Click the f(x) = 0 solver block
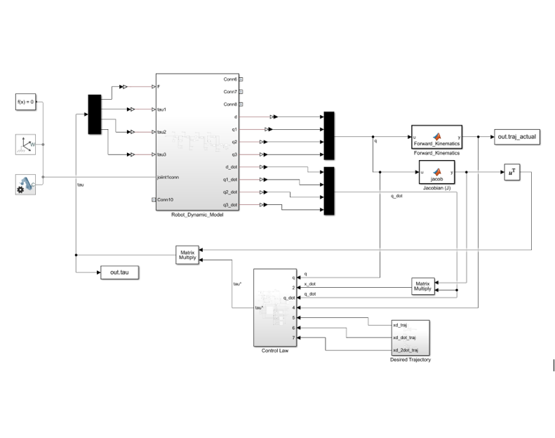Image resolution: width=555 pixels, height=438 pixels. [x=25, y=102]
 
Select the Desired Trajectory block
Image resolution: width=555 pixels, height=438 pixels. [x=410, y=338]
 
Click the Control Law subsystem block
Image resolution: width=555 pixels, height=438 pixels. [x=275, y=307]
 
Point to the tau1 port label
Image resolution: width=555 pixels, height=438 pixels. [x=162, y=109]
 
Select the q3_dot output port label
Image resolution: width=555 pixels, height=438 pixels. [x=230, y=204]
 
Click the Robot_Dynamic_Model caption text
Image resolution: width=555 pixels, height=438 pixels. [x=198, y=214]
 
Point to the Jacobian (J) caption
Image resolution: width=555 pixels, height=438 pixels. [x=436, y=188]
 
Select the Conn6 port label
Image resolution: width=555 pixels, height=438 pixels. [x=230, y=79]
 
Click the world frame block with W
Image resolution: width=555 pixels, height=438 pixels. [x=25, y=145]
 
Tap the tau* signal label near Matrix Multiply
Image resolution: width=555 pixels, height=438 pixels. [x=237, y=284]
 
